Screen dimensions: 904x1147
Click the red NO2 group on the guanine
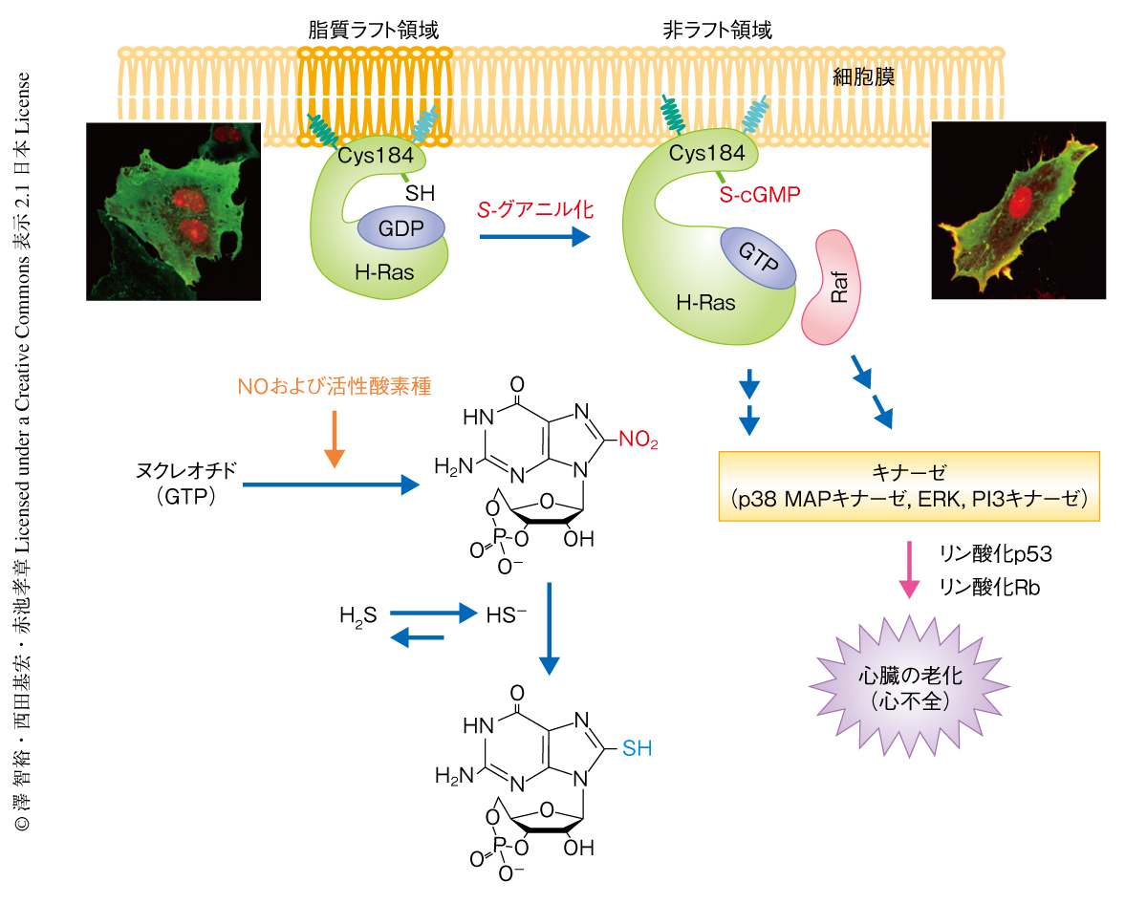tap(638, 441)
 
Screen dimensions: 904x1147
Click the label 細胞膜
tap(864, 76)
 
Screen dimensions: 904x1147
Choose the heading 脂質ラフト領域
tap(374, 30)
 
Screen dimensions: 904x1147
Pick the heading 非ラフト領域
tap(717, 30)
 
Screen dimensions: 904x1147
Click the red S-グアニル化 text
tap(535, 208)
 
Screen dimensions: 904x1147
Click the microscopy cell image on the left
tap(173, 210)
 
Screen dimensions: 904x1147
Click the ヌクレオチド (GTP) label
tap(185, 485)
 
